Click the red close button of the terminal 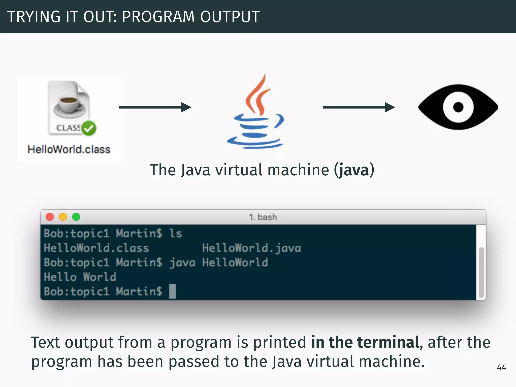(50, 217)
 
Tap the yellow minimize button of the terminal (63, 217)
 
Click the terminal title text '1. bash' (263, 217)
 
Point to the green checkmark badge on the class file (89, 128)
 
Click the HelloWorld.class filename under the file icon (69, 149)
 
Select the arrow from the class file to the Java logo (155, 107)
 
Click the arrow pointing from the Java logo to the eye (359, 107)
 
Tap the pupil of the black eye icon (458, 107)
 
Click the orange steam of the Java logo (258, 96)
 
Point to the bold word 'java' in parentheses (354, 170)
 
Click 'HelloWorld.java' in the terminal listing (251, 248)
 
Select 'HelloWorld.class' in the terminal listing (96, 248)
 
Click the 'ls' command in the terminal (175, 234)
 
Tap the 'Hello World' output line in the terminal (80, 277)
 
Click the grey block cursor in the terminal (172, 292)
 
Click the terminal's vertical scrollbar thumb (481, 272)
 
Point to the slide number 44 (501, 368)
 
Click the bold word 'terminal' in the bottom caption (388, 342)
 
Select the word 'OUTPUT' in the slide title (230, 17)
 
